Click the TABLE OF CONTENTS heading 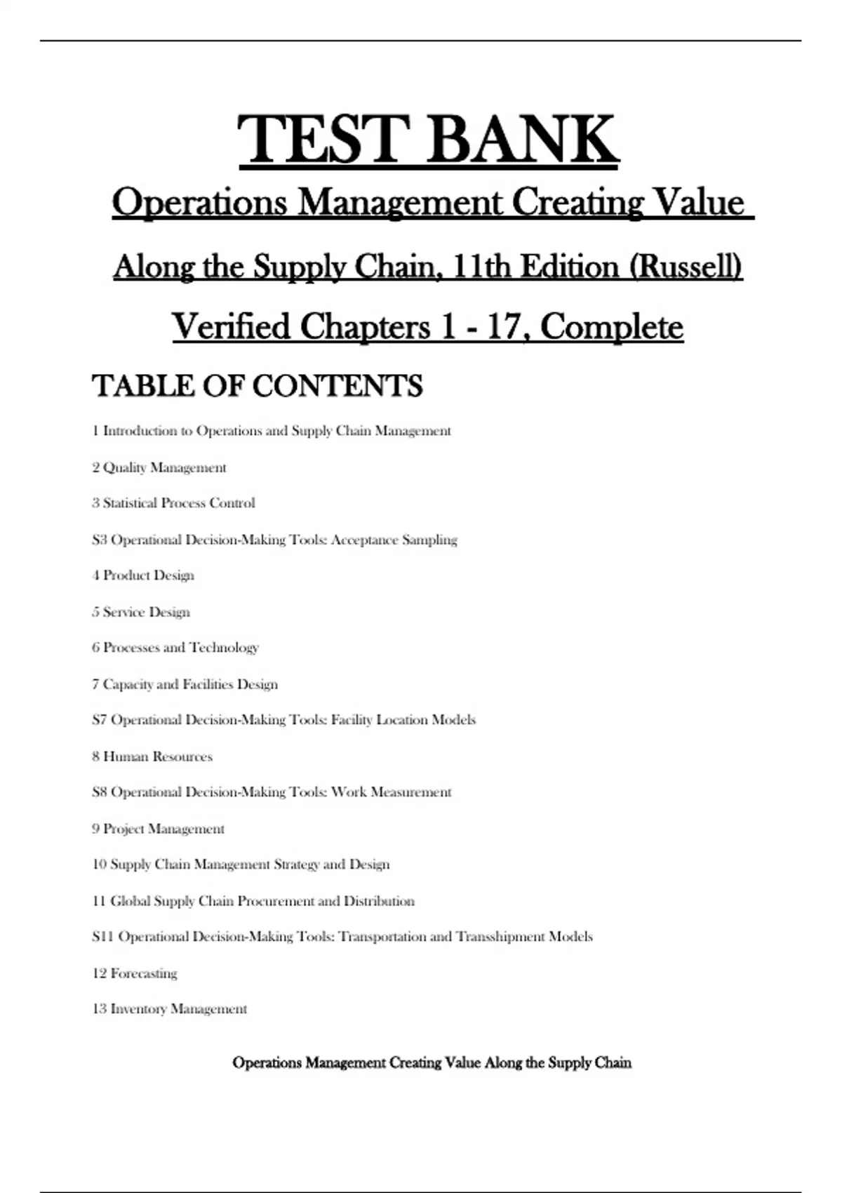pyautogui.click(x=257, y=386)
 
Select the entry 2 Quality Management pyautogui.click(x=159, y=467)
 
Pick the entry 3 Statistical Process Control pyautogui.click(x=173, y=503)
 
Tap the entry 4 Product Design pyautogui.click(x=143, y=575)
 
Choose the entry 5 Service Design pyautogui.click(x=141, y=612)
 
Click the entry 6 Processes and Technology pyautogui.click(x=175, y=648)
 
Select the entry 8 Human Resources pyautogui.click(x=152, y=757)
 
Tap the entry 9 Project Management pyautogui.click(x=158, y=829)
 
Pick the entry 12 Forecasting pyautogui.click(x=135, y=973)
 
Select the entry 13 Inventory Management pyautogui.click(x=170, y=1009)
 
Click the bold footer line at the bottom pyautogui.click(x=432, y=1063)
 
